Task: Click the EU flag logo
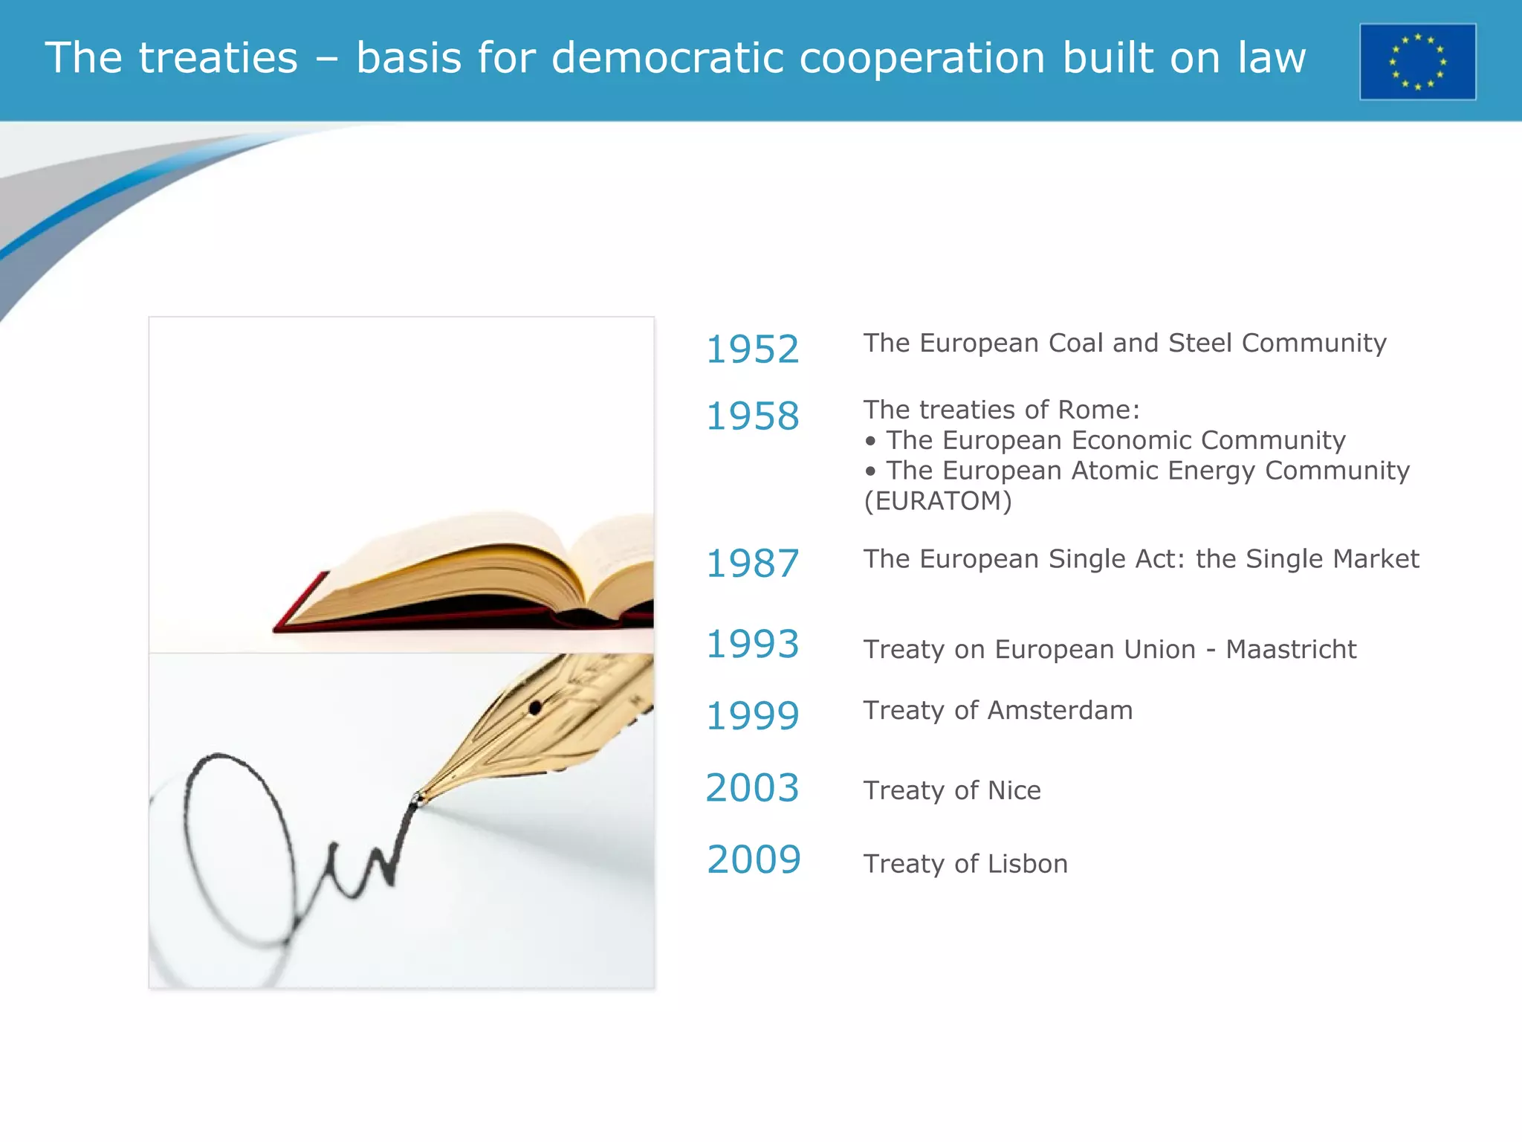pos(1417,62)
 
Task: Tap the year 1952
pos(752,349)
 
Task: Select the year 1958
pos(752,416)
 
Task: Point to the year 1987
pos(752,563)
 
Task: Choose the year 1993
pos(752,644)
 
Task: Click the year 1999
pos(752,716)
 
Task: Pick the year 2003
pos(752,788)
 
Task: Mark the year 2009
pos(754,860)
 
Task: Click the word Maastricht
pos(1291,650)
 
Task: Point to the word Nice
pos(1014,790)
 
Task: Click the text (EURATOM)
pos(937,501)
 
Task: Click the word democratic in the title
pos(667,58)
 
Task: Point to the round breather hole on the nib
pos(535,708)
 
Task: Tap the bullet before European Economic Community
pos(870,442)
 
